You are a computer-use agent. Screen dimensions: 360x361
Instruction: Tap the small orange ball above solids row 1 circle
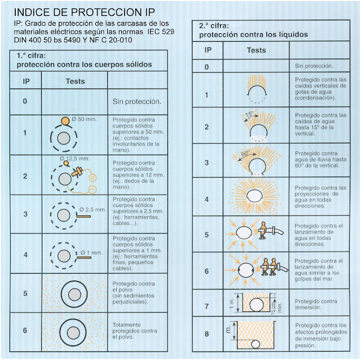point(66,120)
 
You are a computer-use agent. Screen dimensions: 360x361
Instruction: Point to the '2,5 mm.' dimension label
point(93,209)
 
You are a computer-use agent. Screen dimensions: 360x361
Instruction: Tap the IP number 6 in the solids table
point(26,331)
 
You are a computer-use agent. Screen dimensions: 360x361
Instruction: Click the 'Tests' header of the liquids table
point(257,50)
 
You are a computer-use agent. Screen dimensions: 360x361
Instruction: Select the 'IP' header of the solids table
point(26,81)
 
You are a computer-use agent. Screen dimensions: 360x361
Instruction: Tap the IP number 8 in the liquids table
point(207,334)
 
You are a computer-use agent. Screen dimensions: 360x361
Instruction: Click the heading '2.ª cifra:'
point(214,26)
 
